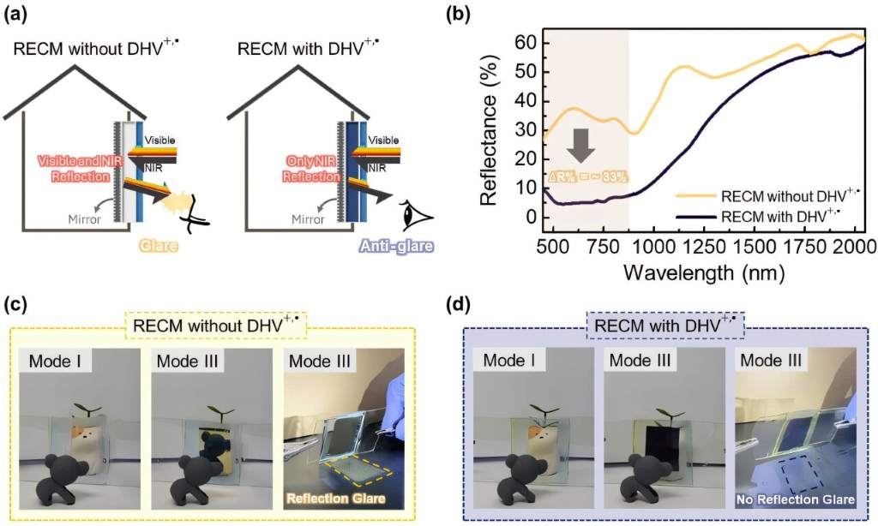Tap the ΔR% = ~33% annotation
point(587,177)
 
